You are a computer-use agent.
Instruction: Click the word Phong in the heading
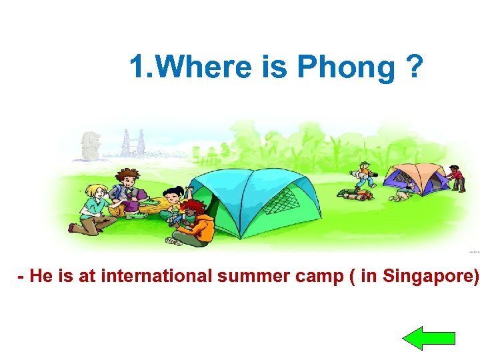click(x=346, y=68)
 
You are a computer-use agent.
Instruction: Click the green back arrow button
click(x=429, y=339)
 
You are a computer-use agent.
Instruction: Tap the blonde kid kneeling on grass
click(x=93, y=207)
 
